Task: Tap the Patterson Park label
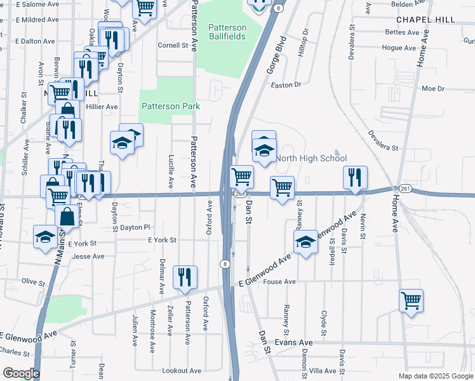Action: point(171,106)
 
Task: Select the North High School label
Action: point(311,158)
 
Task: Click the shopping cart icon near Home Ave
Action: point(411,300)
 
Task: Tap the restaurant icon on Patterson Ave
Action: point(185,276)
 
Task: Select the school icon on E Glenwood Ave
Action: point(305,241)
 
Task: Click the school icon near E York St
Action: point(44,237)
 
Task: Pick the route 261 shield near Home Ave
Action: point(405,189)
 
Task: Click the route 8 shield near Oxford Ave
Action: point(225,264)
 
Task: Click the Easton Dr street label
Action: point(284,84)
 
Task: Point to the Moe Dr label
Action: point(433,88)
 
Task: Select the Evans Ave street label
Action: point(294,342)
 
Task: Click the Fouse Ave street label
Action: point(280,281)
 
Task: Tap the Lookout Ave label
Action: point(182,370)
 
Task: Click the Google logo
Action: point(20,373)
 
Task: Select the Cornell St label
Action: point(173,45)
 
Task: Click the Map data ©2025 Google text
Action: point(435,376)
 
